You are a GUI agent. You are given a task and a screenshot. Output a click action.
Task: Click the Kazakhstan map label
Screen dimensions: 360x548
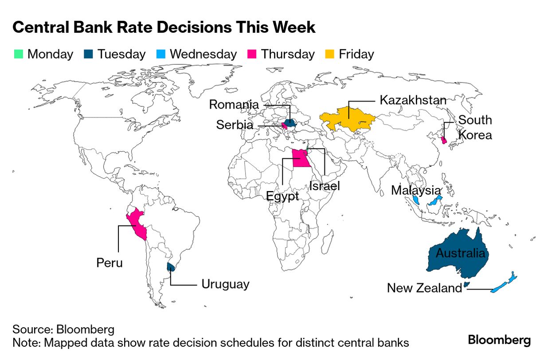point(413,100)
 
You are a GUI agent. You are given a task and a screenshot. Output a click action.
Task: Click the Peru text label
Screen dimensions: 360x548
point(110,262)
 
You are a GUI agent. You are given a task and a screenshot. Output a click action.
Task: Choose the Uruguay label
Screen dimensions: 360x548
point(225,284)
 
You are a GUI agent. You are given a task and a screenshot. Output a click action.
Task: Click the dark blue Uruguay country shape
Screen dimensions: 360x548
point(170,266)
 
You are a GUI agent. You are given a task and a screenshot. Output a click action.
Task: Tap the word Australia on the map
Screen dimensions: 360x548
point(461,253)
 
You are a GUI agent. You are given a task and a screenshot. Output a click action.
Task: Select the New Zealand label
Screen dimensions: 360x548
point(424,288)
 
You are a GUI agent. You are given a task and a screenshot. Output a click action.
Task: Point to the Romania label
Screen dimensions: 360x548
point(234,105)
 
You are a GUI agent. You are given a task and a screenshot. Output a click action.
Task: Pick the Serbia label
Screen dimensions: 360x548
point(235,125)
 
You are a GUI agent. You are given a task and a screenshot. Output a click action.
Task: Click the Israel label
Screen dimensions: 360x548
point(325,186)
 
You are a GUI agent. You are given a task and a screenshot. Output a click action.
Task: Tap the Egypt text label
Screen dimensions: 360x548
point(283,196)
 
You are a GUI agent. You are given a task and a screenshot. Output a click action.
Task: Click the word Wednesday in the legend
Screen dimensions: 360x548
point(203,54)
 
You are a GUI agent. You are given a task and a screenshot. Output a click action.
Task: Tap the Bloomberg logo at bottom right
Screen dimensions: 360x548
point(499,340)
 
